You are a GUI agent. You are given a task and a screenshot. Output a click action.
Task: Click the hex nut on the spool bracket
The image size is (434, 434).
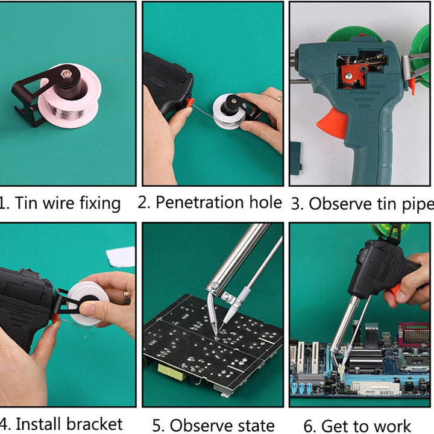coord(65,74)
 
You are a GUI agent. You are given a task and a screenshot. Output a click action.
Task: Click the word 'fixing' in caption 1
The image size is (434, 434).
coord(100,204)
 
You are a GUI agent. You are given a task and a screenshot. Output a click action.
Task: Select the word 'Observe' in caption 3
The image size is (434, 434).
coord(340,204)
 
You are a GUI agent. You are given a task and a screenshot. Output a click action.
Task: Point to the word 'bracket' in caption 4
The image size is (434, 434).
coord(95,424)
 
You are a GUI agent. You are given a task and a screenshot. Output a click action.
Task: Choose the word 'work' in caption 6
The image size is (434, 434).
coord(390,426)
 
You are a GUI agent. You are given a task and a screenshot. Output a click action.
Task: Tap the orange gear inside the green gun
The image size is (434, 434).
coord(353,75)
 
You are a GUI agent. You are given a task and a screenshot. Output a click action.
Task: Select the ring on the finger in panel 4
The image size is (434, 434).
coord(127,297)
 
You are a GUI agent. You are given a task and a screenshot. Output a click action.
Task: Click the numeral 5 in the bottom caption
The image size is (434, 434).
coord(156,426)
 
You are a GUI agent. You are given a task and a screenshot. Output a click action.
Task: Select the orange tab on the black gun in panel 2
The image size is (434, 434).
coord(190,102)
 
